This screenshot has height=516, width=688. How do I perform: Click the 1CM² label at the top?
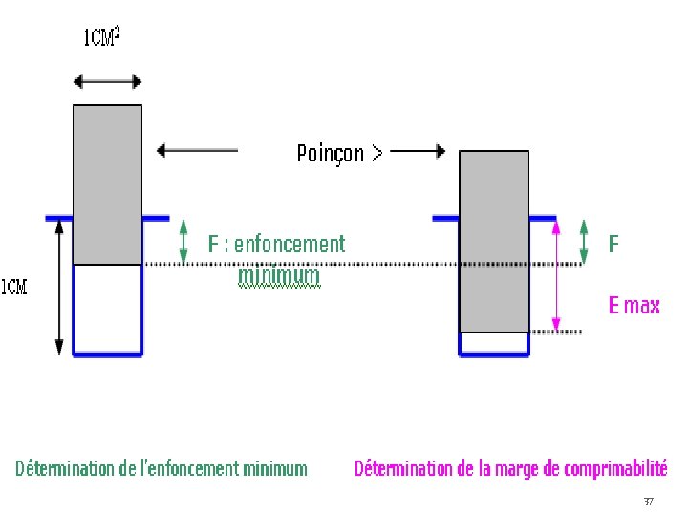pos(102,37)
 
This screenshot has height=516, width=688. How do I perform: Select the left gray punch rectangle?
pos(107,183)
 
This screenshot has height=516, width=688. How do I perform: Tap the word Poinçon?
pos(331,153)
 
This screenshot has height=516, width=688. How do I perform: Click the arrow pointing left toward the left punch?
pos(197,149)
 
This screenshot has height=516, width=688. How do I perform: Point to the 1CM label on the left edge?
pos(13,287)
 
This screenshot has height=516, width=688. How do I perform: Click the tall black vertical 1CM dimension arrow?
pos(59,287)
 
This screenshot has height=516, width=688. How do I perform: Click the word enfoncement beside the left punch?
pos(290,244)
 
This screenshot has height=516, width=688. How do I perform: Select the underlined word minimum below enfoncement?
pos(279,276)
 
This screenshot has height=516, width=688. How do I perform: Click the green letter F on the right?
pos(613,245)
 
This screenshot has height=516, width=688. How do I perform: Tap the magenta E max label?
pos(634,306)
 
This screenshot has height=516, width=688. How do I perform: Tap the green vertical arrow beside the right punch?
pos(585,241)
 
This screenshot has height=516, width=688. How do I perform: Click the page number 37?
pos(648,502)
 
